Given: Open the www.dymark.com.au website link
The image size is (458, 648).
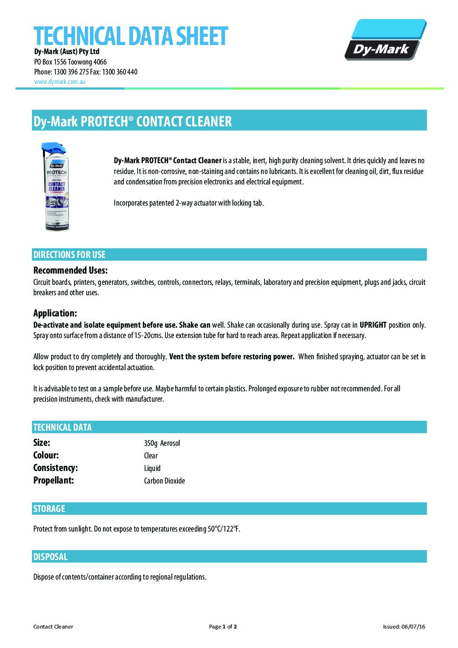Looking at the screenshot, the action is [x=59, y=81].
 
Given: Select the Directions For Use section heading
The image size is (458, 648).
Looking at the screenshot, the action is [x=69, y=255].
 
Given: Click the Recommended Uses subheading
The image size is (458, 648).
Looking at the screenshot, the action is [x=70, y=271].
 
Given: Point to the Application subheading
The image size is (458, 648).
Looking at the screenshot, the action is [x=55, y=313].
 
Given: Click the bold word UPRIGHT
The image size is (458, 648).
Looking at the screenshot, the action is [x=373, y=325].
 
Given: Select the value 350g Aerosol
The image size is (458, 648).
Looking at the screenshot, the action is [x=162, y=443].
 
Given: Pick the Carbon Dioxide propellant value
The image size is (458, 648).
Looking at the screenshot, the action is [x=164, y=481].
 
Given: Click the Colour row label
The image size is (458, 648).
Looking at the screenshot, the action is [x=46, y=455].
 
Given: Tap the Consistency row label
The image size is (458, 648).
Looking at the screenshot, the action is [x=55, y=468].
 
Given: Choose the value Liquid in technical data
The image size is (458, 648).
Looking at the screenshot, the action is [x=152, y=468].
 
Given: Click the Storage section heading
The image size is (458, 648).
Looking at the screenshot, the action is [x=49, y=509].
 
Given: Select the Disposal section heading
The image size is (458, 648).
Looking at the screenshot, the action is [x=50, y=557].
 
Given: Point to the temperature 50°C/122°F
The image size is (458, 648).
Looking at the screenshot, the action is [x=224, y=529].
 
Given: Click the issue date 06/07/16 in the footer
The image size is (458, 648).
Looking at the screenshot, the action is [x=413, y=627].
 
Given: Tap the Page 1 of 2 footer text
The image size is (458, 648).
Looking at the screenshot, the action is [x=223, y=627].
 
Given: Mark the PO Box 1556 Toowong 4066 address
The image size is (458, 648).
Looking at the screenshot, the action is [x=70, y=62].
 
